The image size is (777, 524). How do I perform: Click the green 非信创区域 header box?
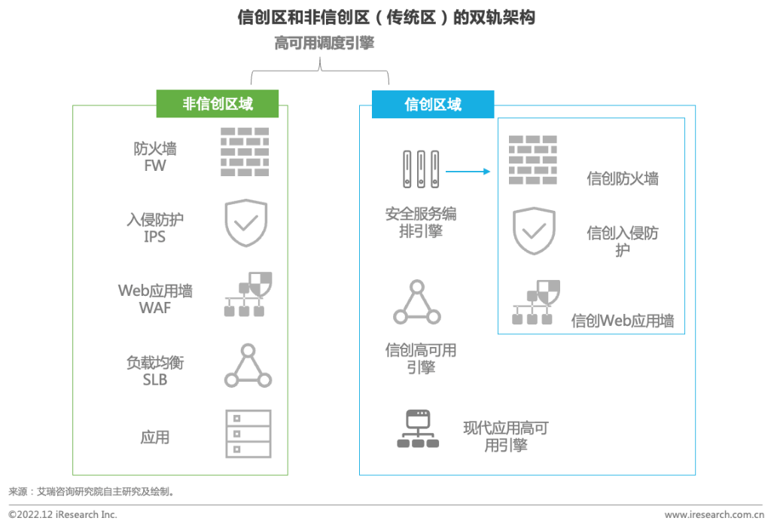[x=218, y=104]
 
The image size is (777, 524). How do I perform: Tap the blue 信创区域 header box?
[x=433, y=104]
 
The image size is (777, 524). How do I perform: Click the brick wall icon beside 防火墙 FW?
[x=245, y=152]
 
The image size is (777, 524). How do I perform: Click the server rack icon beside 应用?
[x=248, y=434]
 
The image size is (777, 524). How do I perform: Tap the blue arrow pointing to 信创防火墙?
[x=468, y=172]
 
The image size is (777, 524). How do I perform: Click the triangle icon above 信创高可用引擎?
[x=416, y=303]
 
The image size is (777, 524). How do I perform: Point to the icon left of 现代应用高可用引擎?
[x=417, y=428]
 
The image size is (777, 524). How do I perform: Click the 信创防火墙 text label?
[x=623, y=179]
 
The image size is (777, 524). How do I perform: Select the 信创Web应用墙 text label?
[x=622, y=321]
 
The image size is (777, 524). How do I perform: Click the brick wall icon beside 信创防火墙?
[x=533, y=160]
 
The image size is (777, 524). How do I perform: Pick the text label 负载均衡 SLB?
[x=155, y=371]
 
